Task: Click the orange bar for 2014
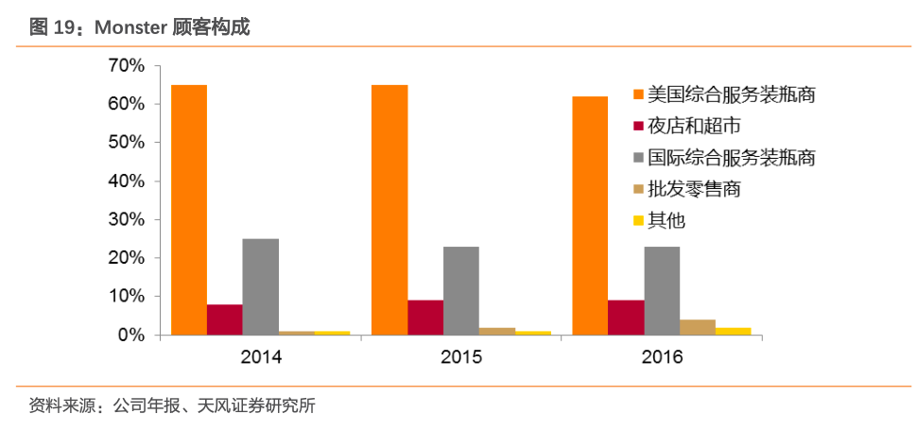tap(188, 210)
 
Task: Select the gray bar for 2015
tap(460, 291)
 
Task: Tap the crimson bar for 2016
tap(626, 318)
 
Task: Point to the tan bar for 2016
tap(698, 327)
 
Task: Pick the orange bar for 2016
tap(590, 215)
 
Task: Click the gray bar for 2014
tap(260, 287)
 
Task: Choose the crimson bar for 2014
tap(225, 319)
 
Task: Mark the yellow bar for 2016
tap(734, 332)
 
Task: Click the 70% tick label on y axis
tap(126, 66)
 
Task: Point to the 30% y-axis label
tap(126, 220)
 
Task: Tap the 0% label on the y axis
tap(130, 336)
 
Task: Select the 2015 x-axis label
tap(461, 357)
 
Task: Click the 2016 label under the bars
tap(662, 357)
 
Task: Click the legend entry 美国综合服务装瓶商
tap(724, 95)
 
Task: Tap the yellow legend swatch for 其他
tap(639, 221)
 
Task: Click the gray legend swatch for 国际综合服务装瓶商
tap(639, 158)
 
